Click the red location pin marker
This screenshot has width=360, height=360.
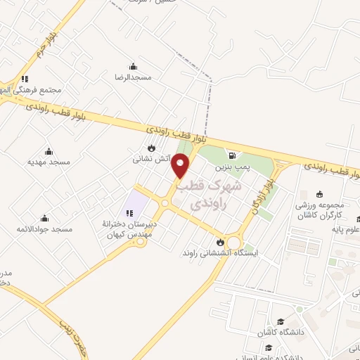[x=181, y=165]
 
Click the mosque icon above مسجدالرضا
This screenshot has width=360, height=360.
[x=134, y=66]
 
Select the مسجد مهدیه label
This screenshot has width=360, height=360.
[x=49, y=162]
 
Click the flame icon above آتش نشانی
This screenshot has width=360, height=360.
[x=151, y=148]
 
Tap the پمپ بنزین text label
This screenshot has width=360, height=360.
[x=232, y=167]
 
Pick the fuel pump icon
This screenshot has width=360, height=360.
[x=232, y=155]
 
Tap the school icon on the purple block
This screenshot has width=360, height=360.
[x=129, y=212]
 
